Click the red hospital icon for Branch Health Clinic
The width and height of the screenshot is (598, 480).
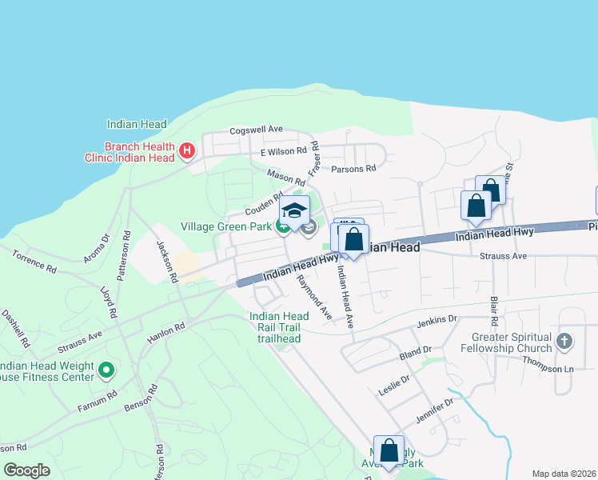pyautogui.click(x=187, y=150)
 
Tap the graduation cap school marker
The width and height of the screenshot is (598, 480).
pyautogui.click(x=294, y=210)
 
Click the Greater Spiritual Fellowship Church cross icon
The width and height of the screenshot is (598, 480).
pyautogui.click(x=564, y=341)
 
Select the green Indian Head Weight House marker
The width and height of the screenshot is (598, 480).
pyautogui.click(x=107, y=370)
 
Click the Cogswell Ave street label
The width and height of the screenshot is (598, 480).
pyautogui.click(x=257, y=129)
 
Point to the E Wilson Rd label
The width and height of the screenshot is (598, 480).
pyautogui.click(x=284, y=150)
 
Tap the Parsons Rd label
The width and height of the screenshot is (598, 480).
pyautogui.click(x=353, y=169)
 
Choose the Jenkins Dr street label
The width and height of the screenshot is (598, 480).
pyautogui.click(x=437, y=322)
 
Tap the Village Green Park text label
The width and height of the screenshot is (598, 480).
pyautogui.click(x=226, y=227)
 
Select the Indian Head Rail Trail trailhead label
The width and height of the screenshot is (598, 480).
pyautogui.click(x=279, y=327)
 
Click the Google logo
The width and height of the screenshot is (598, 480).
pyautogui.click(x=26, y=470)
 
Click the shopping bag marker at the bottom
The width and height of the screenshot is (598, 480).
pyautogui.click(x=389, y=450)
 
